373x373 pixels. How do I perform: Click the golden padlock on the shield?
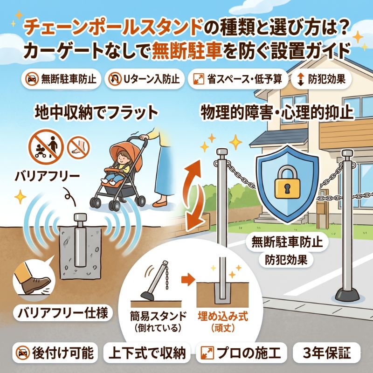tap(287, 182)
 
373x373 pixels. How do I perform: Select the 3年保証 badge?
tap(327, 352)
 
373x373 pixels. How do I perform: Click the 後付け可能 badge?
tap(55, 352)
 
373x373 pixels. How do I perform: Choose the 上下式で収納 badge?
tap(147, 352)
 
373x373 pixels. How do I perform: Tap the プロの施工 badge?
tap(241, 352)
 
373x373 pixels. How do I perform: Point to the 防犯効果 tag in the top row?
tap(321, 79)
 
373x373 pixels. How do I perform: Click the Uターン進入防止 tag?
tap(144, 79)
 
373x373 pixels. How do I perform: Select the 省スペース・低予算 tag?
tap(238, 79)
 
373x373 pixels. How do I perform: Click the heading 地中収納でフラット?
tap(96, 113)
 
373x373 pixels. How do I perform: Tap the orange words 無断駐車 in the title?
tap(187, 51)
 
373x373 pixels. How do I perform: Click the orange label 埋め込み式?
tap(223, 317)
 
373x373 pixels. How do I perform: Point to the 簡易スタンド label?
tap(158, 317)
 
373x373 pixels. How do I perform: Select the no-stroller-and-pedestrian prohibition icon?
tap(46, 147)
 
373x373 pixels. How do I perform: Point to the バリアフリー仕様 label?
tap(63, 313)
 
